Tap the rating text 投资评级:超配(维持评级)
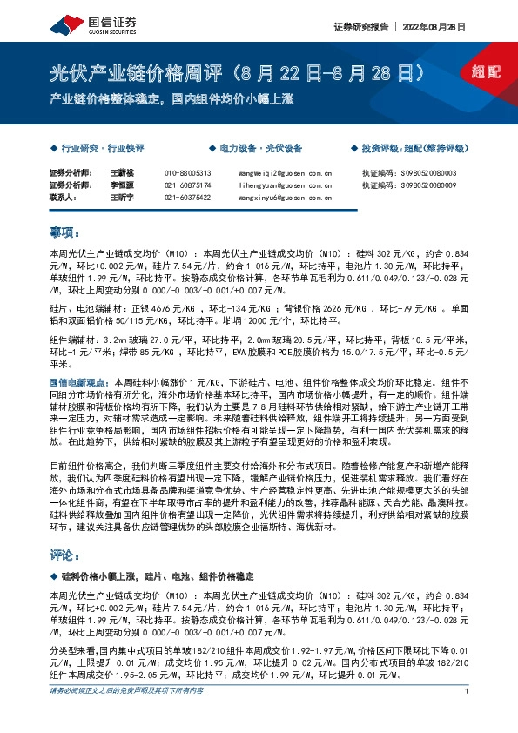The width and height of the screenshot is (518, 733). pos(420,149)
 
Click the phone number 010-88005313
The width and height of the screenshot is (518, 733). pos(187,172)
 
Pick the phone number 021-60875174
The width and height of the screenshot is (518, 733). pos(187,185)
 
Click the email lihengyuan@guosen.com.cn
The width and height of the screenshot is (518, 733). pos(284,185)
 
